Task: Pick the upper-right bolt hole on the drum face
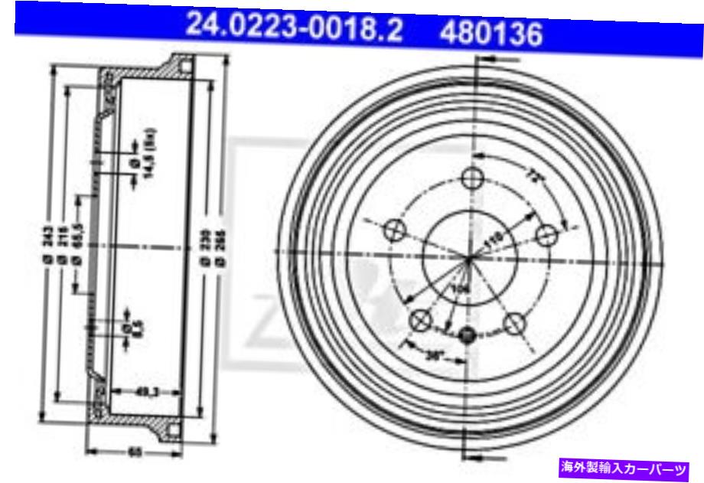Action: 546,233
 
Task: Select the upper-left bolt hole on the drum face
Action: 396,228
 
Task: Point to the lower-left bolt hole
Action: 420,321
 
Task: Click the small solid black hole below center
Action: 469,334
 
